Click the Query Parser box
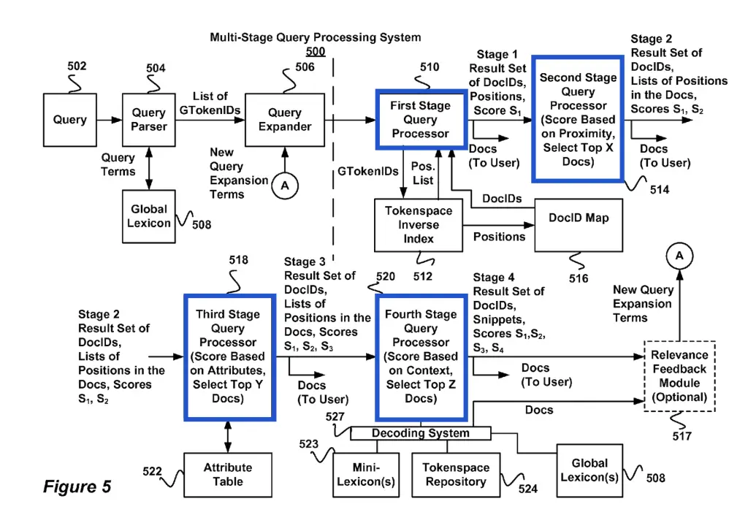click(149, 120)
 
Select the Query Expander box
click(285, 120)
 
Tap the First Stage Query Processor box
click(421, 120)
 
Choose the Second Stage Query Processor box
click(577, 118)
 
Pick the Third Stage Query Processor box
click(229, 356)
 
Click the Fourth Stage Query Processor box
click(421, 356)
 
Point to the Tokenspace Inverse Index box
click(419, 224)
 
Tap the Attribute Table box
click(228, 474)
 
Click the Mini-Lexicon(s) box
click(366, 474)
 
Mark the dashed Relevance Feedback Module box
click(680, 376)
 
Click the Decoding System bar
click(420, 433)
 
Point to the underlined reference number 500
click(315, 52)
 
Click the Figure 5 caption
click(77, 486)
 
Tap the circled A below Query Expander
click(285, 186)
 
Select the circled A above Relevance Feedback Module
click(679, 255)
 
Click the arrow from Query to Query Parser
click(109, 120)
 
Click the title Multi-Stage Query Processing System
click(315, 37)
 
